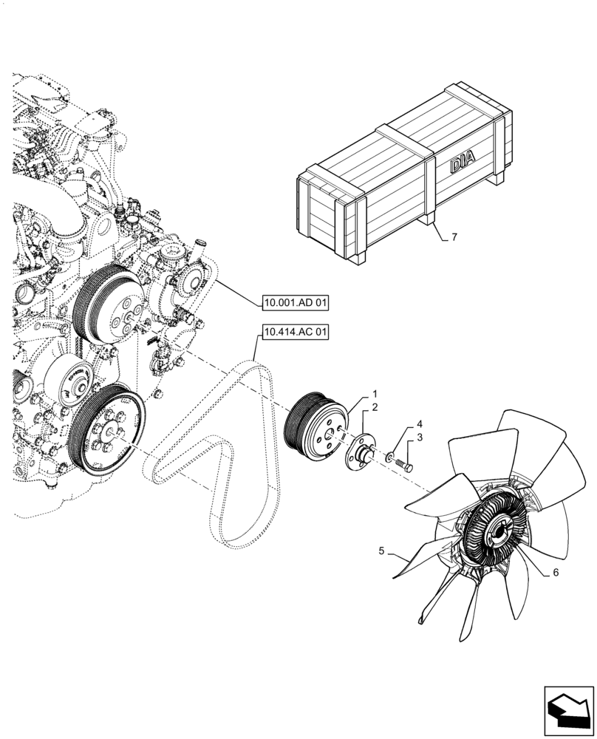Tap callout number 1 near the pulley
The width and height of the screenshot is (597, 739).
375,395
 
